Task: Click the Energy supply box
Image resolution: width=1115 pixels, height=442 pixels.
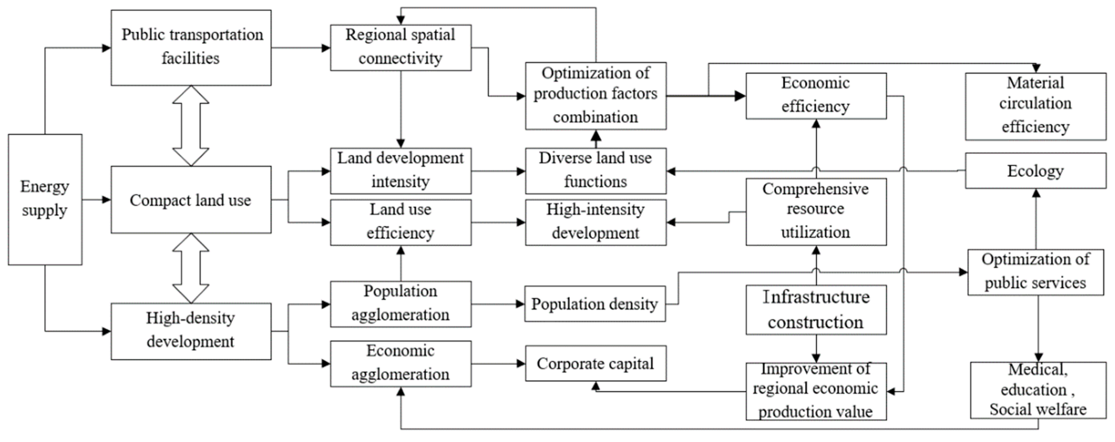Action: click(45, 199)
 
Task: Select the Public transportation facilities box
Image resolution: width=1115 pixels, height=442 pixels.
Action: click(191, 48)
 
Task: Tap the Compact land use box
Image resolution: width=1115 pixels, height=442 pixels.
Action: click(191, 200)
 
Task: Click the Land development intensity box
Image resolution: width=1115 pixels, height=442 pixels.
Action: click(400, 170)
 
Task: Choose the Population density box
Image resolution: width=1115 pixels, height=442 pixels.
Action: click(595, 304)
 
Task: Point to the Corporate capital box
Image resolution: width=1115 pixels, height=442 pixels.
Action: click(596, 363)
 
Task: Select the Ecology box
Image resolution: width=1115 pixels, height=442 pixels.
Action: click(1036, 170)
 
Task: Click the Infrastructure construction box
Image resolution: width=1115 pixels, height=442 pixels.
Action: click(816, 310)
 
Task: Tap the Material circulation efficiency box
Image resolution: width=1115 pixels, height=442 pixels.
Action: click(1036, 106)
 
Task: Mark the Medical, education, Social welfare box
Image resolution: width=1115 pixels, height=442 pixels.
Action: click(1038, 390)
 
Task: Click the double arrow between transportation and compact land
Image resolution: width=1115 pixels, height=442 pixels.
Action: click(191, 125)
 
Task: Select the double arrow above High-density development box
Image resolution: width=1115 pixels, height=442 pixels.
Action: click(191, 268)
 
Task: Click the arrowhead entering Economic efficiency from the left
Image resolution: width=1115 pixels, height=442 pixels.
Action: click(739, 96)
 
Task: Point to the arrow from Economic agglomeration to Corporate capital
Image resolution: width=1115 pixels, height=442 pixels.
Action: click(498, 364)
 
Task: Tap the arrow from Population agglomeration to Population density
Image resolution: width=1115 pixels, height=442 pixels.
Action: click(498, 304)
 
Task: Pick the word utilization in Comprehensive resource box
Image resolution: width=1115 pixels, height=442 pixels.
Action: click(816, 232)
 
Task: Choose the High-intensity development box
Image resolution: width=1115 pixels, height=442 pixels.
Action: click(596, 222)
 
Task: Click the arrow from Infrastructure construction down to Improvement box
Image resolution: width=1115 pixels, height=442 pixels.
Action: click(816, 349)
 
